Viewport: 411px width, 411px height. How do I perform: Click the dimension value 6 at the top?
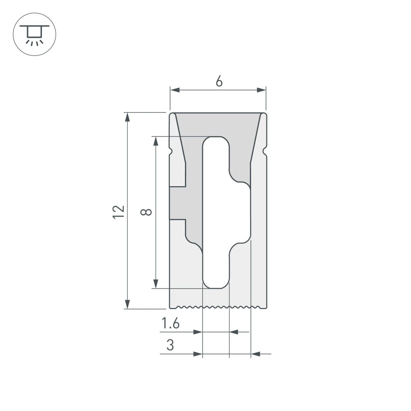(219, 82)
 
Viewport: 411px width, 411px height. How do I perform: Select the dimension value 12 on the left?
(118, 211)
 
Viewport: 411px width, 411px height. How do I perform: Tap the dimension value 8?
(146, 212)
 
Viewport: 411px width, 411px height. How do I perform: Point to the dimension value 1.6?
(171, 324)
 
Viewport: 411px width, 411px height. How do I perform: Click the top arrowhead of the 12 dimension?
(128, 117)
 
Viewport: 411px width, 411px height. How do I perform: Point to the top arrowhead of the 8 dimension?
(156, 141)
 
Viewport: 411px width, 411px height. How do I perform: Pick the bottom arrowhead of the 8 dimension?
(156, 283)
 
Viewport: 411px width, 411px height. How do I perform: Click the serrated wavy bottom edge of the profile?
(218, 307)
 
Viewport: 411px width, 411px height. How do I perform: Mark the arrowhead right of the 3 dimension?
(256, 353)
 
